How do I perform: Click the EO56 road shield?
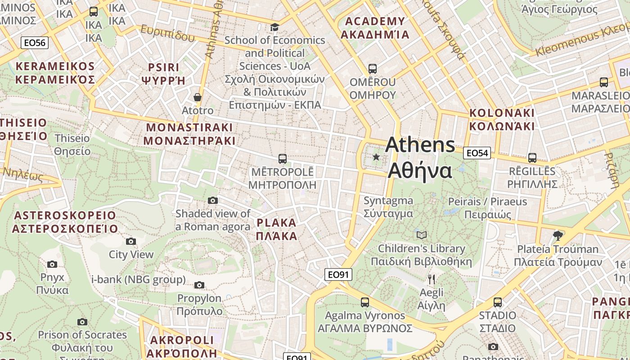(x=35, y=43)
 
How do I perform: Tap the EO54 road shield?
(x=477, y=153)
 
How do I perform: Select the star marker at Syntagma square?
(x=376, y=157)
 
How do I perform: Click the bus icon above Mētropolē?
(x=282, y=158)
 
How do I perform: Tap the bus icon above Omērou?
(x=372, y=69)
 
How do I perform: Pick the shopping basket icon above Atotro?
(x=197, y=97)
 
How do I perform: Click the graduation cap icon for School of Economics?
(x=274, y=27)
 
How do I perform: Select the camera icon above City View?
(x=131, y=242)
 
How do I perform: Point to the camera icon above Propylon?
(x=199, y=285)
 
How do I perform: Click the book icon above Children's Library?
(x=421, y=235)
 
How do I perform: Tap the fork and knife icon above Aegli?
(x=431, y=279)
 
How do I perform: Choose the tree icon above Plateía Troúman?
(x=558, y=235)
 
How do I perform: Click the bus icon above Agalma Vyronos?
(x=364, y=302)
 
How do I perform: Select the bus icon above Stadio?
(x=497, y=302)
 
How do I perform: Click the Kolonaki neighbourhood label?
(x=502, y=119)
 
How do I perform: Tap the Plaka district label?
(x=276, y=229)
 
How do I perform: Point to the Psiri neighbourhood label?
(x=163, y=74)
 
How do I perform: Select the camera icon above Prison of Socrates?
(x=82, y=322)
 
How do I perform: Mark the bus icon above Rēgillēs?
(x=532, y=158)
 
